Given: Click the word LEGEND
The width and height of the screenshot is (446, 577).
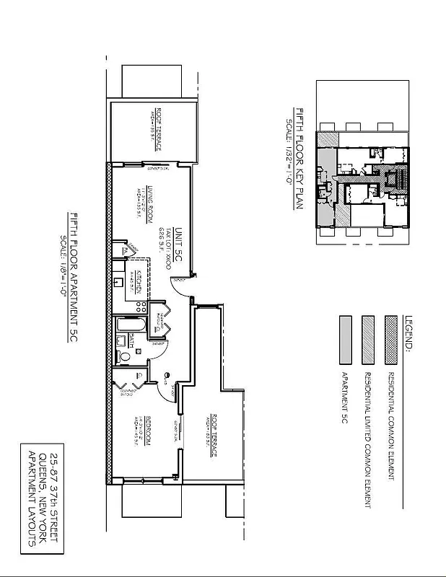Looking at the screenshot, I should (409, 332).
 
